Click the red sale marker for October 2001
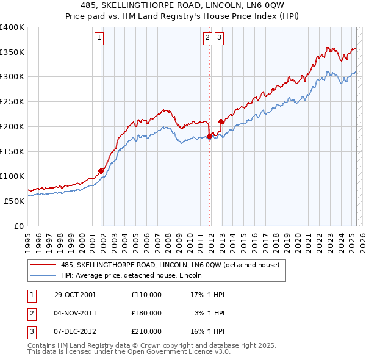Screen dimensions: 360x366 click(x=101, y=171)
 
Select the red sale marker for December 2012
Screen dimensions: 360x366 click(x=221, y=122)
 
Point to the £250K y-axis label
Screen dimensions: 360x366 click(x=12, y=102)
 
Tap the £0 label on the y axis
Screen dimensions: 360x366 click(x=18, y=226)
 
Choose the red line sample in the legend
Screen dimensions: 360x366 click(x=44, y=265)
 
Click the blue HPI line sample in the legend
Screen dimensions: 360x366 click(x=44, y=275)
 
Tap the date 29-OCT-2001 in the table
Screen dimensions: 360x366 click(x=75, y=294)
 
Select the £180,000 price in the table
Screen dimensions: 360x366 click(x=146, y=313)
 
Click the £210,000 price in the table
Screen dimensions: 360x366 click(x=146, y=331)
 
